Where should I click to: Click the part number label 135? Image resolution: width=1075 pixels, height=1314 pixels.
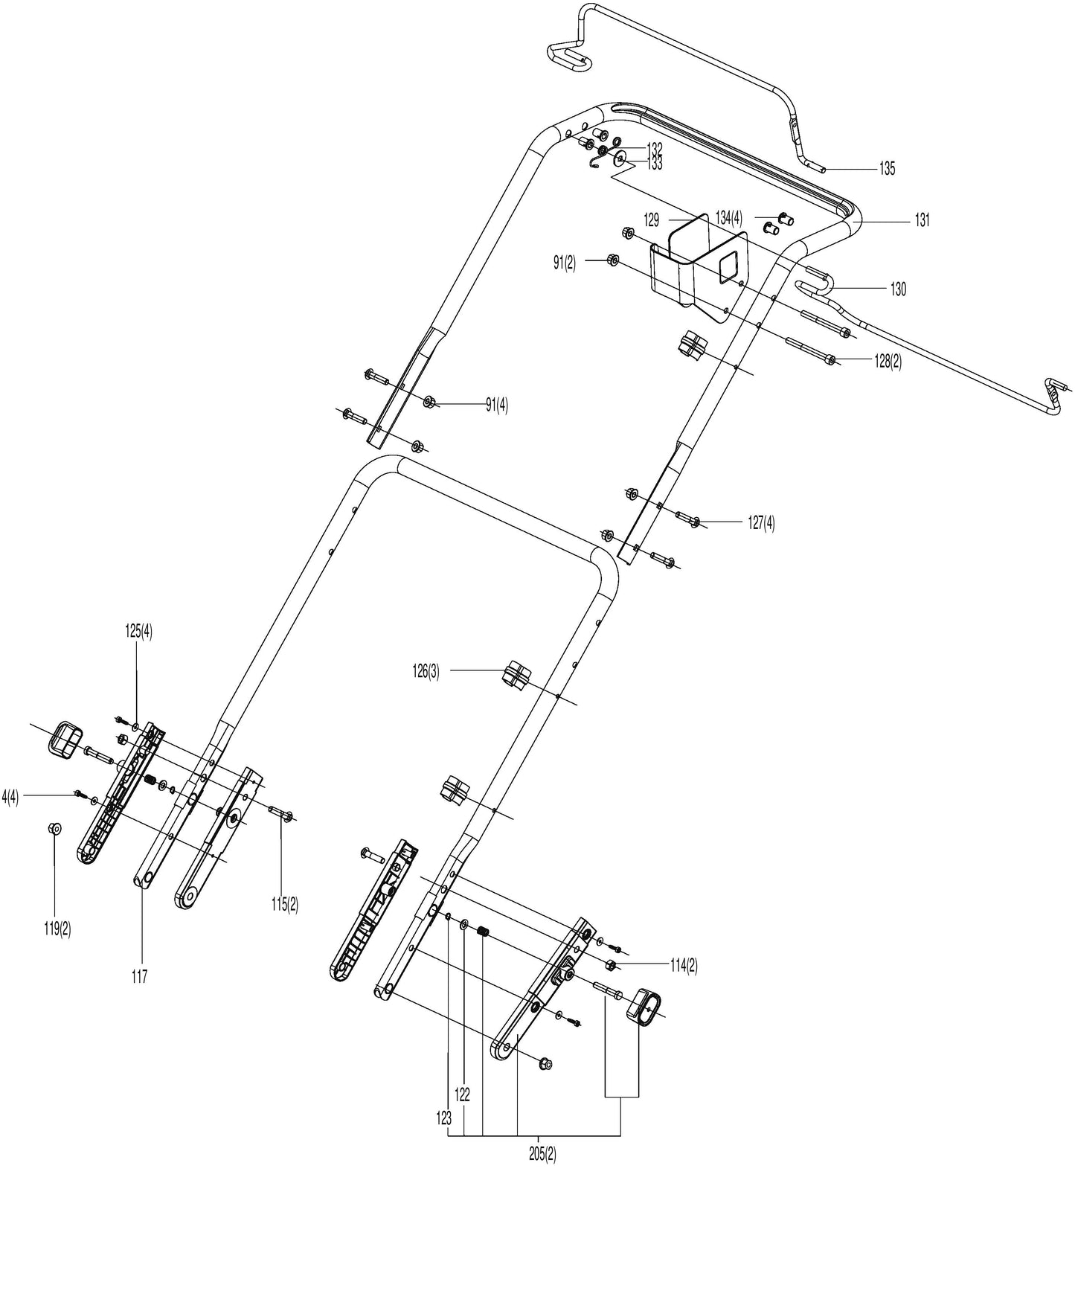click(x=887, y=169)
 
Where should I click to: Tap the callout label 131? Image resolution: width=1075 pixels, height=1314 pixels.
click(x=922, y=220)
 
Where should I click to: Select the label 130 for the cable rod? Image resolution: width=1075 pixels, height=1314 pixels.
click(x=898, y=289)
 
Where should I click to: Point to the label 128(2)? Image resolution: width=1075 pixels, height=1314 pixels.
click(x=887, y=362)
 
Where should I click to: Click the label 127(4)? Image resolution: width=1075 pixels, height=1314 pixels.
click(x=761, y=523)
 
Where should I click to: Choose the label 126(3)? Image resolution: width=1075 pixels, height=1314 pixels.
click(x=426, y=671)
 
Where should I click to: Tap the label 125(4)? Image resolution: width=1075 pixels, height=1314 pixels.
click(x=138, y=632)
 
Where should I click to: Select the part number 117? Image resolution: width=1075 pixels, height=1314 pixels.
click(x=139, y=976)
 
